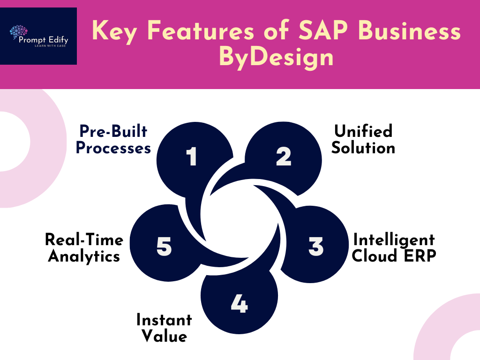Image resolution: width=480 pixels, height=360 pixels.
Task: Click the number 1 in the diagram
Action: point(192,156)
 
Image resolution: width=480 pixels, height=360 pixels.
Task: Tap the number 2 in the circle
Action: point(284,156)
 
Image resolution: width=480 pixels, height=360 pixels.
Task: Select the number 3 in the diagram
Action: point(316,246)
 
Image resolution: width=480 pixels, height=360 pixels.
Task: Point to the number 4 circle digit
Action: point(239,303)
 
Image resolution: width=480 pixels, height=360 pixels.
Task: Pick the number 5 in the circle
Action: point(164,246)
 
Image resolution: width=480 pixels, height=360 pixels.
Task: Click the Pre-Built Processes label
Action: point(113,139)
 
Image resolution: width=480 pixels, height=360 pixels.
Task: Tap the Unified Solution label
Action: point(363,139)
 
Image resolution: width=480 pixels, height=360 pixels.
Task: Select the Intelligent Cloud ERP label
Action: point(394,247)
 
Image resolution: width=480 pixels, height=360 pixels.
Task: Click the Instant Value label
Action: point(164,328)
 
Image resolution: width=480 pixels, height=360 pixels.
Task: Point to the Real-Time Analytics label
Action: point(84,247)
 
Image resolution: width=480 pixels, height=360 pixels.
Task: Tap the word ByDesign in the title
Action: point(276,57)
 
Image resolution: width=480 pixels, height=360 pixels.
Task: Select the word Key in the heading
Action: point(114,31)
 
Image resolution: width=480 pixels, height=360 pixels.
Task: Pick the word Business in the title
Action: point(409,30)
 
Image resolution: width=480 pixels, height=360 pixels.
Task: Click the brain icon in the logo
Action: point(18,32)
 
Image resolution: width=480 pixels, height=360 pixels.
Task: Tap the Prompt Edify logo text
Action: point(44,39)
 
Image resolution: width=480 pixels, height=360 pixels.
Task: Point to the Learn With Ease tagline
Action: point(50,46)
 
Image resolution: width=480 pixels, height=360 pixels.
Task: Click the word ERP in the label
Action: point(420,255)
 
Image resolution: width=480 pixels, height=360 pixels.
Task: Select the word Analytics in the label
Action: point(84,256)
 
